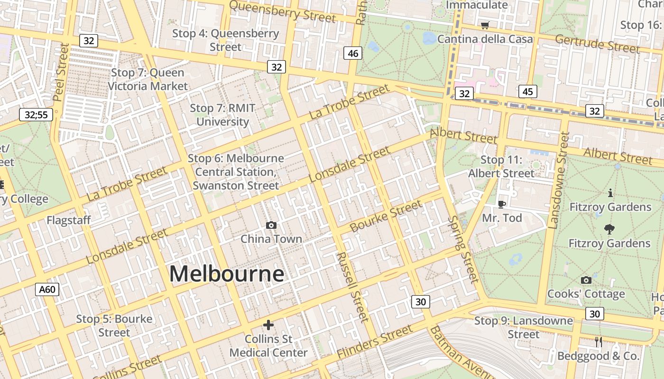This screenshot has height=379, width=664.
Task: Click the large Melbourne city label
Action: tap(227, 274)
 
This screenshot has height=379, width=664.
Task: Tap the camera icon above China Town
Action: tap(271, 225)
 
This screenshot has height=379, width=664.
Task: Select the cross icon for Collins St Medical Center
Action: tap(268, 325)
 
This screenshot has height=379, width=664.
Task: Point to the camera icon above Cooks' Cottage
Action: tap(586, 280)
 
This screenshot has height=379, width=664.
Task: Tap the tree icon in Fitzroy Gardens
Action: tap(609, 229)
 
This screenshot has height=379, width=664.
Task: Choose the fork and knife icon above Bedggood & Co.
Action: tap(599, 342)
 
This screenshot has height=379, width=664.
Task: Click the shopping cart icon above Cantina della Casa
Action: tap(485, 25)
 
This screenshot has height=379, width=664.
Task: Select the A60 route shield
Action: tap(47, 289)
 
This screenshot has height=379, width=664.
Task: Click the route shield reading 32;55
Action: tap(36, 114)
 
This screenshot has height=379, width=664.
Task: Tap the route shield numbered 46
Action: tap(353, 53)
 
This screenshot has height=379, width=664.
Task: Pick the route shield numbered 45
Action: tap(527, 91)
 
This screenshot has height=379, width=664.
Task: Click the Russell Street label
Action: tap(352, 287)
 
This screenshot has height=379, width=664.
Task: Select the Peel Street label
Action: tap(61, 72)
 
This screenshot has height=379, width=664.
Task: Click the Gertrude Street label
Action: tap(597, 44)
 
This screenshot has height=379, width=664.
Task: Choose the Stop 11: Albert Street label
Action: tap(501, 167)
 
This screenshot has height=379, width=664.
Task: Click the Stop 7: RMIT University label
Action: tap(222, 115)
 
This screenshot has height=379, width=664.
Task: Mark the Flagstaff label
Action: tap(68, 220)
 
